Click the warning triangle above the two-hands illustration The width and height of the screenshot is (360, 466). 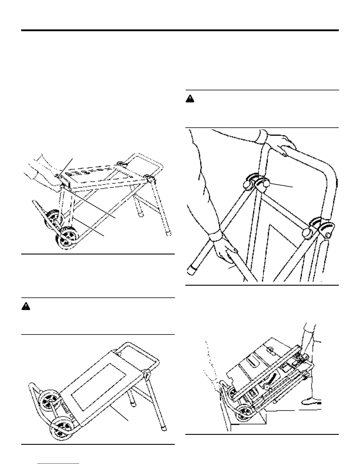pos(190,99)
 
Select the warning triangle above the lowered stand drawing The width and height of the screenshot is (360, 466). pos(26,307)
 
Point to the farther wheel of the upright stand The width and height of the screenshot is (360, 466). pos(53,218)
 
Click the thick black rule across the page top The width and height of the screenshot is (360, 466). pos(180,30)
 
